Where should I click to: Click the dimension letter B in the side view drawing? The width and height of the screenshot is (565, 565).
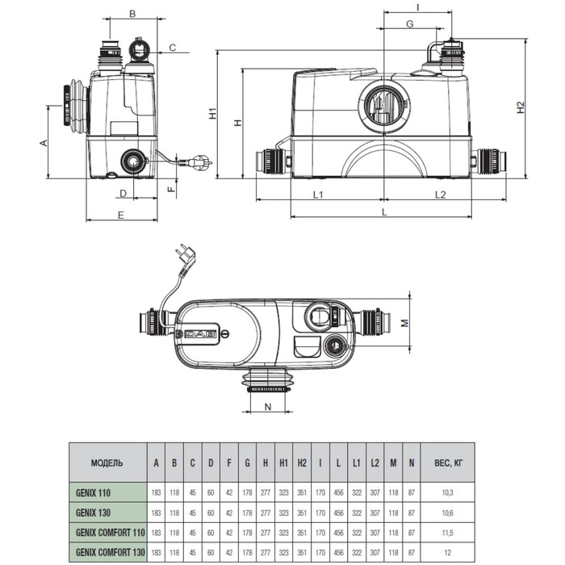132,14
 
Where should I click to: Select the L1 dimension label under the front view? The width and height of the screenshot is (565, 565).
318,195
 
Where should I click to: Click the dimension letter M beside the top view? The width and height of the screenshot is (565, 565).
406,324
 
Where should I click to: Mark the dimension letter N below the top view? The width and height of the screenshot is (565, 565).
267,407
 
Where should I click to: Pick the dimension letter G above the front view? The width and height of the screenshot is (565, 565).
409,25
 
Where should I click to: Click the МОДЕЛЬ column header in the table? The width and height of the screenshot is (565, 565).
107,463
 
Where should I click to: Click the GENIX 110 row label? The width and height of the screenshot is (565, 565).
94,492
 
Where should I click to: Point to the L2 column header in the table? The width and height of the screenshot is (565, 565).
375,463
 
